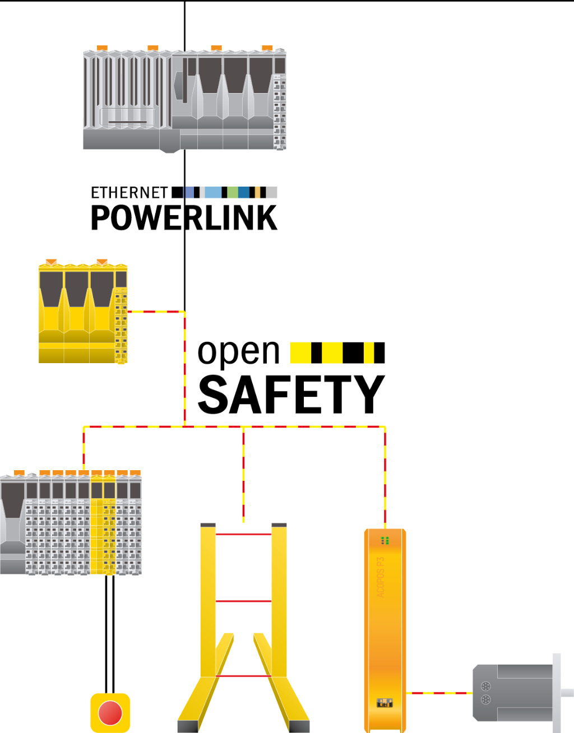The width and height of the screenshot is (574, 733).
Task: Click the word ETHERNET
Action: tap(129, 193)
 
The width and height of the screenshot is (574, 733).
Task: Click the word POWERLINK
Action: tap(184, 218)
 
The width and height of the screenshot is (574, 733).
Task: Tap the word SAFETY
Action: tap(291, 395)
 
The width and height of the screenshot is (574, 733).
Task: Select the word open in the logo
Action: tap(238, 352)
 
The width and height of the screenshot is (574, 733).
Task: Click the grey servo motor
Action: tap(513, 692)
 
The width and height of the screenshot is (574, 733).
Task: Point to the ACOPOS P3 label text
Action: tap(381, 577)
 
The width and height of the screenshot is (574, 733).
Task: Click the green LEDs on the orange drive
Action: tap(385, 540)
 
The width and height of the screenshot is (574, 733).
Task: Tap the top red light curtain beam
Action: tap(243, 534)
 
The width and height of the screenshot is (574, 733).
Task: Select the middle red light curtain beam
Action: tap(243, 601)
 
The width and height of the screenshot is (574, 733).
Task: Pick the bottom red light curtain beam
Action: tap(243, 676)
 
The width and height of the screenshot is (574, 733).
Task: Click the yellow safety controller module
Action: tap(82, 313)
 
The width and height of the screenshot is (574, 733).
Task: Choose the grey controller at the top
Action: tap(184, 100)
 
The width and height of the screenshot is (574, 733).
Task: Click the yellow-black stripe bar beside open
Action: tap(337, 352)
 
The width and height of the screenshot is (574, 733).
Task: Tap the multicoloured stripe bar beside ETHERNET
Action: tap(224, 193)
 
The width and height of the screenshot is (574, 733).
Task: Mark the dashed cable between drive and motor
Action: tap(439, 693)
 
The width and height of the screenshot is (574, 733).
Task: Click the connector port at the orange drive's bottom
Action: tap(385, 703)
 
